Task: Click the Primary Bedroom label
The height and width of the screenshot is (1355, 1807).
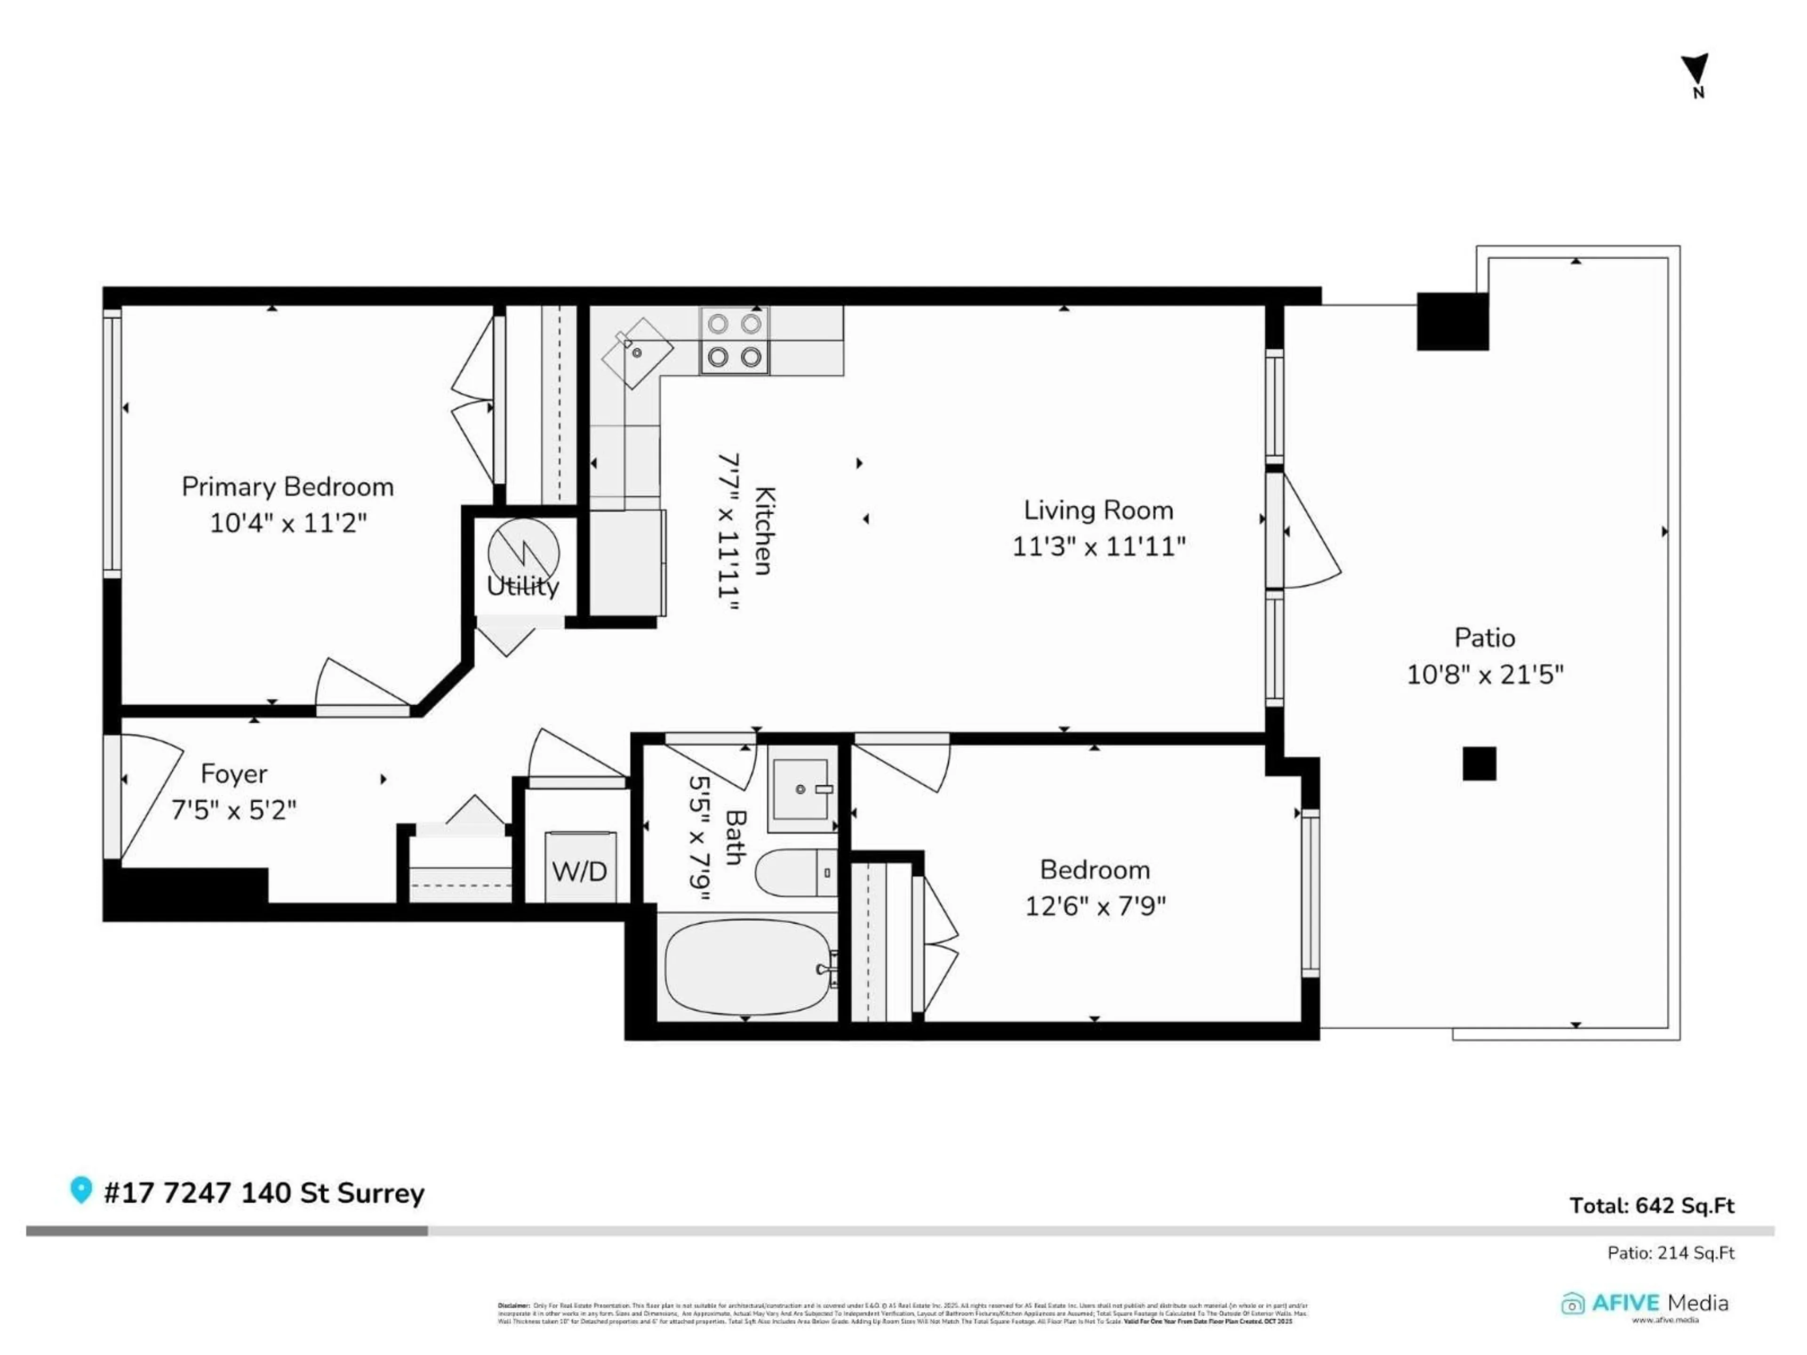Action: [288, 487]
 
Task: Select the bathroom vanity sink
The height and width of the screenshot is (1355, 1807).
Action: [800, 788]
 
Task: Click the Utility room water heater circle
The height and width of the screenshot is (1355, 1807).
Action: [524, 553]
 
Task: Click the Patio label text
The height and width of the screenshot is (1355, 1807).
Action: [1484, 638]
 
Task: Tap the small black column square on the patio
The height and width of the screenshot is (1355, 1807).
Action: [1479, 764]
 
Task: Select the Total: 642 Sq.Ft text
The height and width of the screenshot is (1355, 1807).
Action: [1652, 1205]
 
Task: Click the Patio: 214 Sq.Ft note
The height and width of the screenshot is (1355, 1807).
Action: [1671, 1253]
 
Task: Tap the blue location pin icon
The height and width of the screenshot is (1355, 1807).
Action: [80, 1189]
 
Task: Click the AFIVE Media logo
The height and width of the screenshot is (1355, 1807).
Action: [1644, 1304]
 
